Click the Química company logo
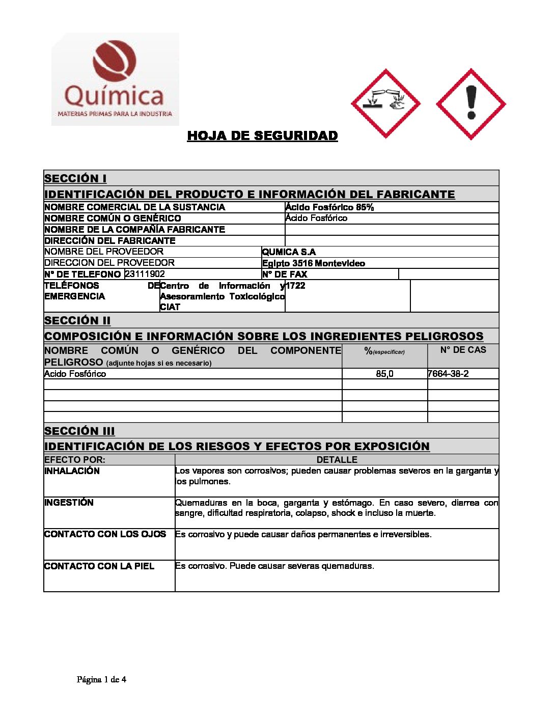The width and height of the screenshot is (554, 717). point(115,79)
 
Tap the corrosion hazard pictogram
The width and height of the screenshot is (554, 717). point(385,104)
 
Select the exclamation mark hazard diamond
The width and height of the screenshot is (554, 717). point(471,104)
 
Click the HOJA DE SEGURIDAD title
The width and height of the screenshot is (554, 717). point(262,136)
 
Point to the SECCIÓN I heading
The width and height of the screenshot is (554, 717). point(75,178)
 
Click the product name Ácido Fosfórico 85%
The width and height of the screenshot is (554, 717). point(329,207)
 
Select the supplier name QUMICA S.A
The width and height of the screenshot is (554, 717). point(289,252)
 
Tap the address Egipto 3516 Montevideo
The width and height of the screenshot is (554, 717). point(313,263)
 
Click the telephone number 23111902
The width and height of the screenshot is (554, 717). point(145,274)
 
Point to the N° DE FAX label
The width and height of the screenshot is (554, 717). point(285,274)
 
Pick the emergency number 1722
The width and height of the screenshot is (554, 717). point(295,286)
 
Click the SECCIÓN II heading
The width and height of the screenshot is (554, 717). point(77,320)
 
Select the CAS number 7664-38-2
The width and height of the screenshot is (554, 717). point(448,374)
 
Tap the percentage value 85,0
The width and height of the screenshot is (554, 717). point(384,374)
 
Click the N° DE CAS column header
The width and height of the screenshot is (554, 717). point(463,350)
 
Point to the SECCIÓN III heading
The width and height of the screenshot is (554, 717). point(79,431)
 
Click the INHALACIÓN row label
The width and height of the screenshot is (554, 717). point(72,471)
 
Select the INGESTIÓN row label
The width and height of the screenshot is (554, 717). point(69,503)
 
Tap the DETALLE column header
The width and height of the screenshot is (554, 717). point(337,460)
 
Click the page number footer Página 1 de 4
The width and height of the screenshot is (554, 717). point(101,679)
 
